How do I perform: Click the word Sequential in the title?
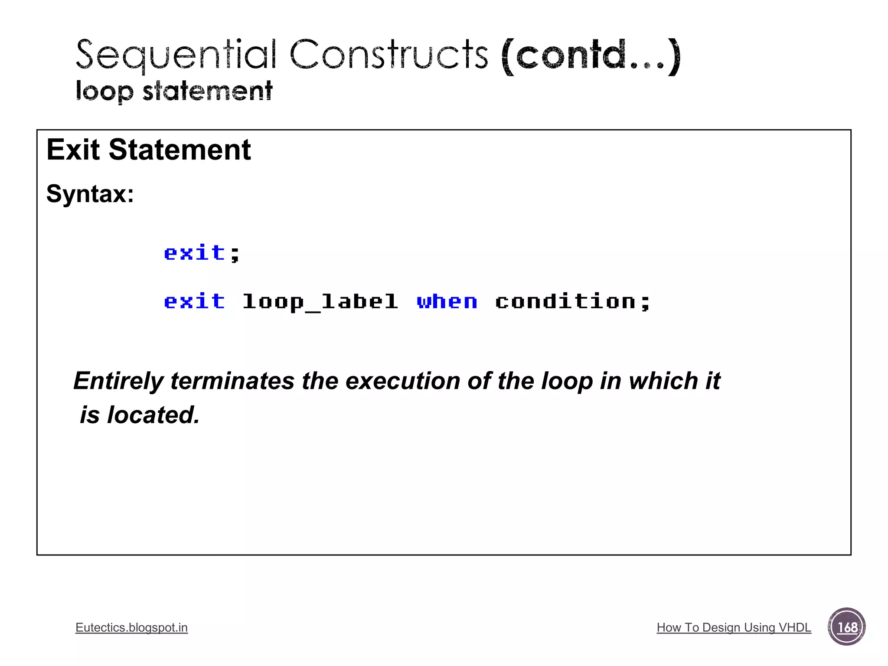pyautogui.click(x=176, y=55)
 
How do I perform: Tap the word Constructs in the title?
pyautogui.click(x=389, y=55)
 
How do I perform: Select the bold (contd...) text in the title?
pyautogui.click(x=591, y=56)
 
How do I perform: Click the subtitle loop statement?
pyautogui.click(x=174, y=91)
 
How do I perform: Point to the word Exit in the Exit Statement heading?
pyautogui.click(x=73, y=150)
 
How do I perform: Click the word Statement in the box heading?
pyautogui.click(x=180, y=150)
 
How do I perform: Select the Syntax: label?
pyautogui.click(x=90, y=193)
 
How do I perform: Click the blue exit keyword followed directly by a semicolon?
pyautogui.click(x=195, y=253)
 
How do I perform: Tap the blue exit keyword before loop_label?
pyautogui.click(x=195, y=301)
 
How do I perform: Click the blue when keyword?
pyautogui.click(x=447, y=301)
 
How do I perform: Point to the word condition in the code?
pyautogui.click(x=565, y=301)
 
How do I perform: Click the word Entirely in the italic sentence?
pyautogui.click(x=118, y=381)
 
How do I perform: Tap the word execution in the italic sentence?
pyautogui.click(x=402, y=381)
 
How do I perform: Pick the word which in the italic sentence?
pyautogui.click(x=663, y=381)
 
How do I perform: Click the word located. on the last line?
pyautogui.click(x=153, y=415)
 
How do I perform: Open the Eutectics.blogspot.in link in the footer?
pyautogui.click(x=131, y=627)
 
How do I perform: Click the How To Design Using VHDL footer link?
pyautogui.click(x=734, y=627)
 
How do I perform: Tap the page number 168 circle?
pyautogui.click(x=846, y=627)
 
